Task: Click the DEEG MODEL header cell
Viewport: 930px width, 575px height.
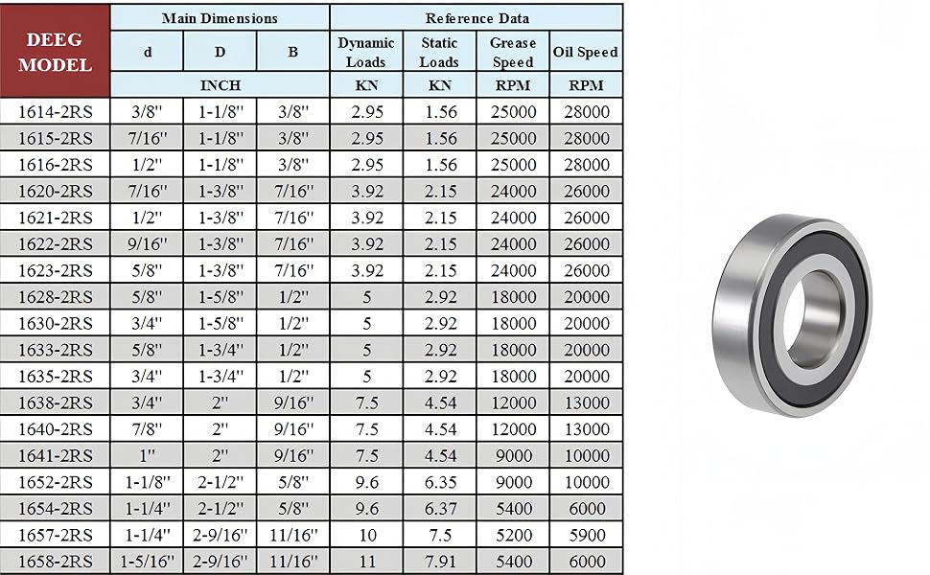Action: [x=56, y=52]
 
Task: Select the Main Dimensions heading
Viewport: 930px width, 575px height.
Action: [x=220, y=18]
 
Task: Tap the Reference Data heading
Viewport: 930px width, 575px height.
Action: [x=477, y=18]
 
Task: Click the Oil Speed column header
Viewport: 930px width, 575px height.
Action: [x=586, y=52]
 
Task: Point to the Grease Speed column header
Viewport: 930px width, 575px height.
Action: [x=512, y=52]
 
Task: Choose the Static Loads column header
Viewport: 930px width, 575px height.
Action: [x=439, y=52]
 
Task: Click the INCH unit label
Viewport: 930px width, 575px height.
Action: [x=221, y=85]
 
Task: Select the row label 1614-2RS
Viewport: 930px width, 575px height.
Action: [x=56, y=111]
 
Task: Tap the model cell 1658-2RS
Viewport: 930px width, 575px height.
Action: [x=56, y=561]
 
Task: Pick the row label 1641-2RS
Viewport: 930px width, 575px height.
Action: [x=56, y=455]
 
